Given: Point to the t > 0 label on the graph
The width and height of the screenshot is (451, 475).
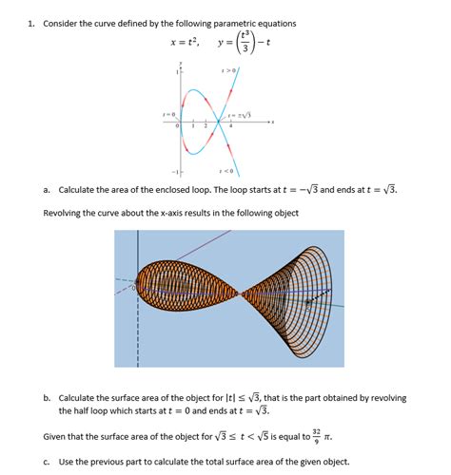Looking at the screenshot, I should click(227, 69).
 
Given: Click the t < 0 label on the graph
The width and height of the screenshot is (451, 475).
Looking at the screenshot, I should click(226, 171).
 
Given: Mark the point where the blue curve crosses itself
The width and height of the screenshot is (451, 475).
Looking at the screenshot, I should click(228, 121).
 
